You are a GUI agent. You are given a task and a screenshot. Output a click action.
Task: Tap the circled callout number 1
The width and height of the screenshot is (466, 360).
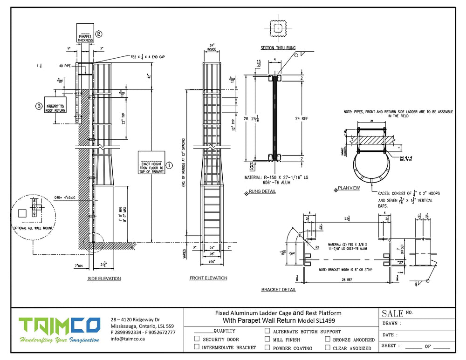pos(169,165)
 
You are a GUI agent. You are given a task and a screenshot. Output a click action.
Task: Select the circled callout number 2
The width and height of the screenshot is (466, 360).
pos(99,34)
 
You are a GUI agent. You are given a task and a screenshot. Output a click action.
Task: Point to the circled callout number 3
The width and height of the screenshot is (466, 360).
pos(39,106)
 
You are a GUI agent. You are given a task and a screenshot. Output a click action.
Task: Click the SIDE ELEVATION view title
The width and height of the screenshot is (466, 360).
pos(104,278)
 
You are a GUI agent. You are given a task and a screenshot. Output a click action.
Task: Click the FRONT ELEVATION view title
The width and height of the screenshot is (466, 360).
pos(208,278)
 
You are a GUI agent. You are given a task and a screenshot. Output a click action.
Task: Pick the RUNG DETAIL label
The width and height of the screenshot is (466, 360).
pos(263,191)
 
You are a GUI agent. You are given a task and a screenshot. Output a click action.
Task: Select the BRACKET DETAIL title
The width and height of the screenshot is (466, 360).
pos(278,290)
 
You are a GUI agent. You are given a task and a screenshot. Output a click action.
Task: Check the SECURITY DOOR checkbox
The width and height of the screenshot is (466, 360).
pos(197,339)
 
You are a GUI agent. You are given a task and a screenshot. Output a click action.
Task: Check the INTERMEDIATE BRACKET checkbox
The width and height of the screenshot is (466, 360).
pos(197,347)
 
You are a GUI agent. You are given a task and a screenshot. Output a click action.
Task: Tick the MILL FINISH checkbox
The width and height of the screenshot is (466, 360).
pos(267,339)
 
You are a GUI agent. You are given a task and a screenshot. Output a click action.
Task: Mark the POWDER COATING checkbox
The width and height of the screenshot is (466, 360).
pos(267,347)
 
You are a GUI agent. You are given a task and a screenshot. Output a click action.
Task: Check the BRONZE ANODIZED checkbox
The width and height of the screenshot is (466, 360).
pos(328,339)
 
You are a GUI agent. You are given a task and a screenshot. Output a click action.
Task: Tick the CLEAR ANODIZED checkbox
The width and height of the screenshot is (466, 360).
pos(328,347)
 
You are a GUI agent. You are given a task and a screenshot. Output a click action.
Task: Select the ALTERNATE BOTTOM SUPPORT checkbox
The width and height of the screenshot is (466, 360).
pos(267,331)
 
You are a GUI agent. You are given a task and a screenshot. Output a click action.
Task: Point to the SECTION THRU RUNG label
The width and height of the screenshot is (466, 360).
pos(278,48)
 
